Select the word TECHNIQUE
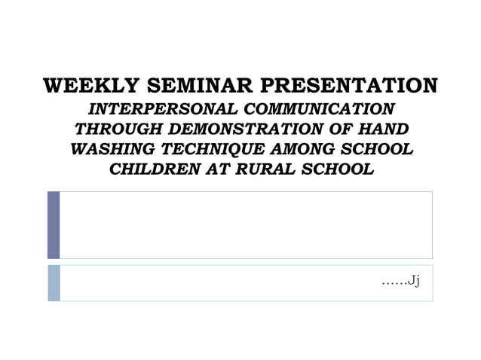[207, 149]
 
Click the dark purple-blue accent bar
[54, 224]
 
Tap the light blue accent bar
[54, 282]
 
